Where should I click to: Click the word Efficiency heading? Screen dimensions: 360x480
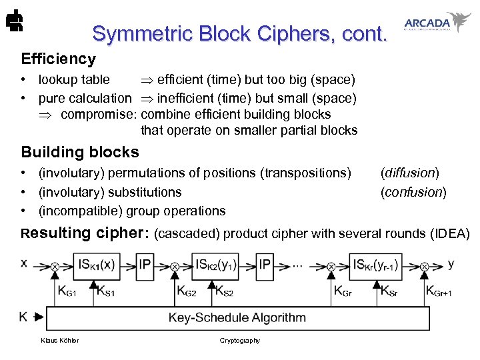tap(58, 59)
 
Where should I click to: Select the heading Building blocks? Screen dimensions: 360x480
tap(80, 152)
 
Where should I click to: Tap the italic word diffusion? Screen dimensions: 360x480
tap(409, 173)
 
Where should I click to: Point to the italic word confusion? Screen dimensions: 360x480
tap(413, 192)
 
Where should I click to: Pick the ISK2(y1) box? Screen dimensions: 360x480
tap(217, 265)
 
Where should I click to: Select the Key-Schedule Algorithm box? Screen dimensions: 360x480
tap(237, 317)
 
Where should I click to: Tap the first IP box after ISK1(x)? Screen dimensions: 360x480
tap(145, 265)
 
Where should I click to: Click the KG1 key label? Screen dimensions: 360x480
tap(67, 291)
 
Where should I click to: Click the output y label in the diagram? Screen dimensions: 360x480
tap(451, 264)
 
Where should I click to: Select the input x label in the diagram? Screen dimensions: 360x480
tap(25, 263)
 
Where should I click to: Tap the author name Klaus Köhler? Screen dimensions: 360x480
tap(60, 341)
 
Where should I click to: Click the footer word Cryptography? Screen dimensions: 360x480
tap(240, 341)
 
